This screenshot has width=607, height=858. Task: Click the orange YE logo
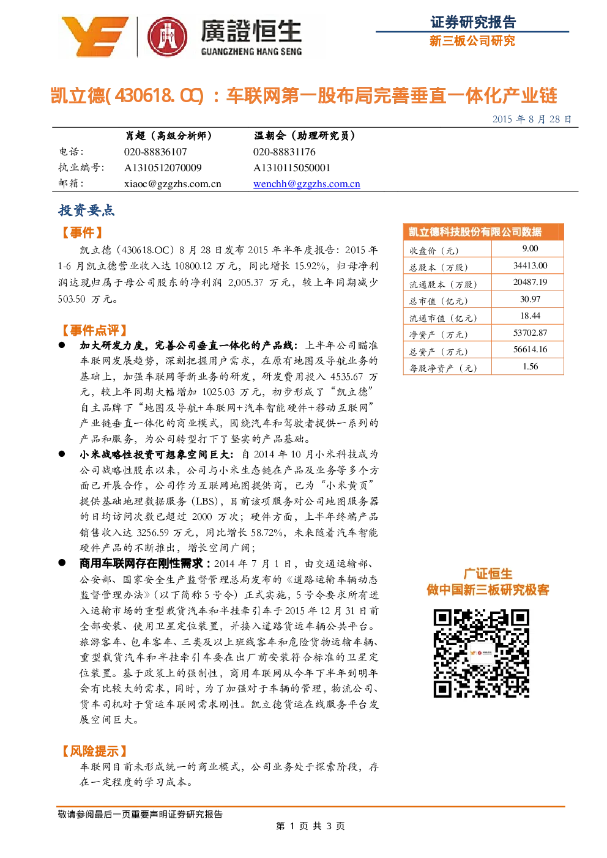click(95, 37)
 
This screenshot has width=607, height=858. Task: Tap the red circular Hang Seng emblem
click(168, 37)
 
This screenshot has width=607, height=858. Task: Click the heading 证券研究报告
click(473, 22)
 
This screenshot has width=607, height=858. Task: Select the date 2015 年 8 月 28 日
click(532, 119)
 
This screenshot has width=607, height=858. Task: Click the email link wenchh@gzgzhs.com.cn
click(307, 184)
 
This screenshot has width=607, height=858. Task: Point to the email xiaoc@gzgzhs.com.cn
click(173, 184)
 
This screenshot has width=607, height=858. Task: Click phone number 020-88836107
click(155, 152)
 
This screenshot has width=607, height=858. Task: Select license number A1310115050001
click(292, 168)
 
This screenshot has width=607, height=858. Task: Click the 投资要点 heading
click(86, 210)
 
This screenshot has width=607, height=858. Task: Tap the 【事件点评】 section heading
click(94, 330)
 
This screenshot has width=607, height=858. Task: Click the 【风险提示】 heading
click(94, 751)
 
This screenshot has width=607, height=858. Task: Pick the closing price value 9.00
click(530, 248)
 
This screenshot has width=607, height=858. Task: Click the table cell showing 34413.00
click(530, 265)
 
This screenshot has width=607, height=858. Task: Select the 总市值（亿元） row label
click(438, 301)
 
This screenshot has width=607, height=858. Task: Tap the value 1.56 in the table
click(531, 366)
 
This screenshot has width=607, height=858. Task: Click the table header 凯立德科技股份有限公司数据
click(475, 232)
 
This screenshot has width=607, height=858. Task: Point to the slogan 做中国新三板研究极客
click(488, 590)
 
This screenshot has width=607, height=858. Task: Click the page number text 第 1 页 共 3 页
click(310, 826)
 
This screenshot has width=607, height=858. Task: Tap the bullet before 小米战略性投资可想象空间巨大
click(62, 454)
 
